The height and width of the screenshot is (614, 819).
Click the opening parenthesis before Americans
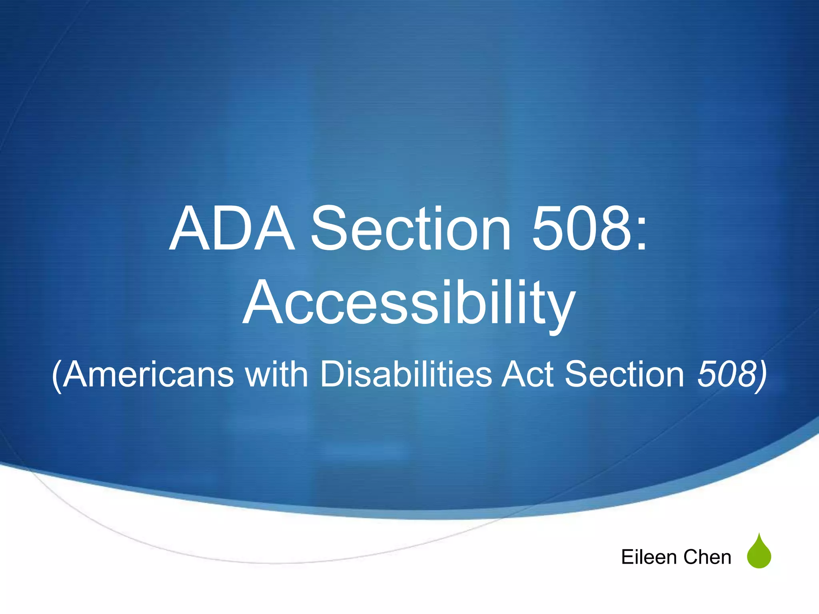pos(57,376)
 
